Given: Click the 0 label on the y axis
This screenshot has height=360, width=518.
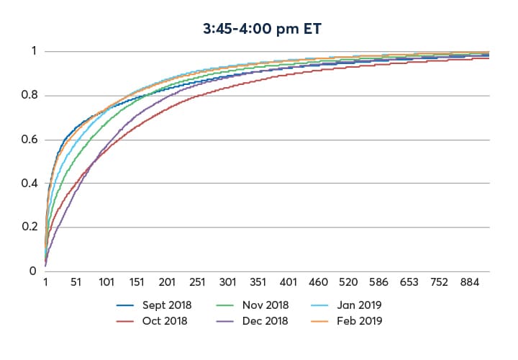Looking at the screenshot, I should coord(32,271).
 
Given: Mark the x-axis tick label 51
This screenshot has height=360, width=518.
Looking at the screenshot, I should coord(76,282).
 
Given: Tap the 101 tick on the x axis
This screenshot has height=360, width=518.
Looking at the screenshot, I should coord(106,282).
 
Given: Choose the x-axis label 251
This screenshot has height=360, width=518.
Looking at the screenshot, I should coord(198,282).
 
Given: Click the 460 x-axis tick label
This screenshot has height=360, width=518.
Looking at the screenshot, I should coord(319,282).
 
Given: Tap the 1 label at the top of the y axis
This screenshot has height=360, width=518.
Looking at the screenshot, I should coord(33,52).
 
